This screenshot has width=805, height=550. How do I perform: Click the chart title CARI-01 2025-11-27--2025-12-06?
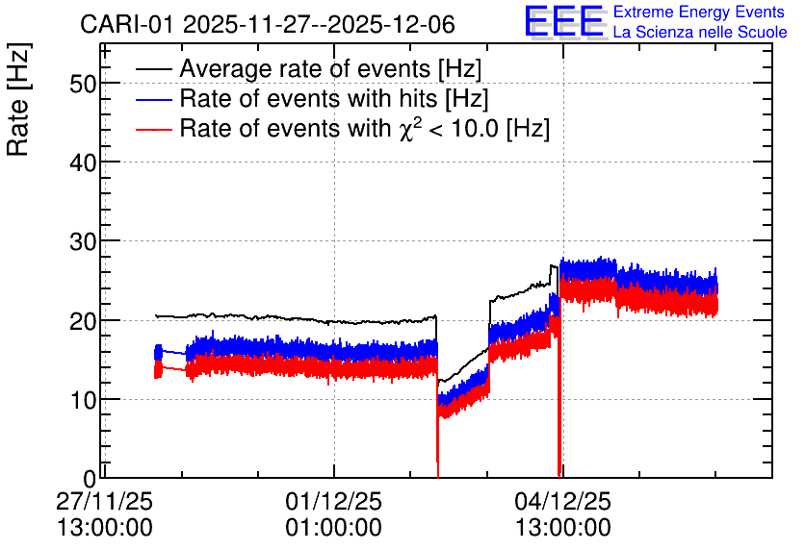click(268, 24)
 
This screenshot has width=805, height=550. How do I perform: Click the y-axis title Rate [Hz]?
click(18, 99)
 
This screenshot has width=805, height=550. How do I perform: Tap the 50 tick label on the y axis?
click(83, 84)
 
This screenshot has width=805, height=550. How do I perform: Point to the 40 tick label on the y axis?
click(83, 163)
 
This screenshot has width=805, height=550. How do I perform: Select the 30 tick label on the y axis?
click(83, 242)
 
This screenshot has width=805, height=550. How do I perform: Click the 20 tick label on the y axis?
click(83, 321)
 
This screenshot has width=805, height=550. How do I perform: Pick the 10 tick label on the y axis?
click(83, 400)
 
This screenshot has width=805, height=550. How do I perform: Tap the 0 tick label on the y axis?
click(90, 479)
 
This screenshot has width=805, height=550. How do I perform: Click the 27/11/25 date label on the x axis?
click(104, 501)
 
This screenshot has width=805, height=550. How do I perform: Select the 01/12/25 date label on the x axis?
click(334, 501)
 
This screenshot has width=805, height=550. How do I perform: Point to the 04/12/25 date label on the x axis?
click(563, 501)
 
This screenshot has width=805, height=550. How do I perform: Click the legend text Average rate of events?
click(330, 68)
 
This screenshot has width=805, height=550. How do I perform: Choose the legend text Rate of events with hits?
click(334, 98)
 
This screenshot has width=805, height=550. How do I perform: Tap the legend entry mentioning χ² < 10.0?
click(365, 128)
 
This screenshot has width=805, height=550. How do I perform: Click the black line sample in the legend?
click(153, 69)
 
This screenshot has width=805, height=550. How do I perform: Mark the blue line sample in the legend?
click(153, 99)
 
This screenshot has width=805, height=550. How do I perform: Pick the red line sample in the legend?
click(153, 129)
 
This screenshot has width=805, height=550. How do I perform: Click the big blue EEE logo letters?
click(563, 21)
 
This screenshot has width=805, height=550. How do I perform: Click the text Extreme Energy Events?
click(699, 12)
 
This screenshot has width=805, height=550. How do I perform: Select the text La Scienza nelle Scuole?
click(700, 32)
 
